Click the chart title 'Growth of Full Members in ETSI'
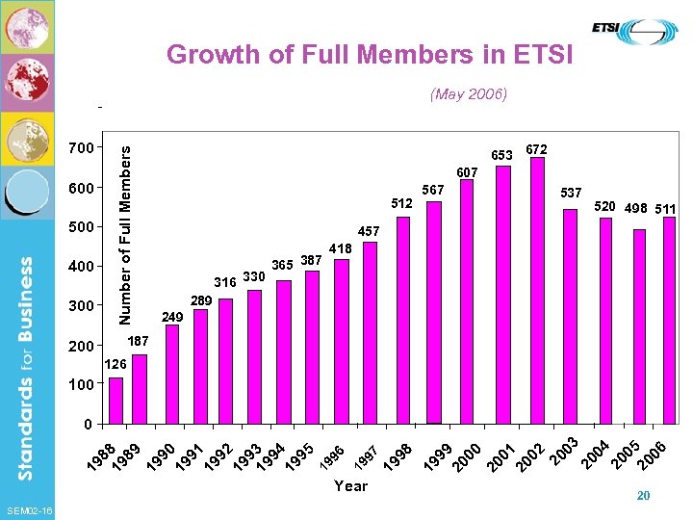point(370,54)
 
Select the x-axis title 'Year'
point(350,486)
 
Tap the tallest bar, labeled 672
point(537,290)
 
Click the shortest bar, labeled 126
point(115,400)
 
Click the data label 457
point(370,232)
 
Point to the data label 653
point(501,154)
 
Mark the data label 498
point(635,208)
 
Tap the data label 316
point(224,282)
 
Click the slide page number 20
point(644,494)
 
